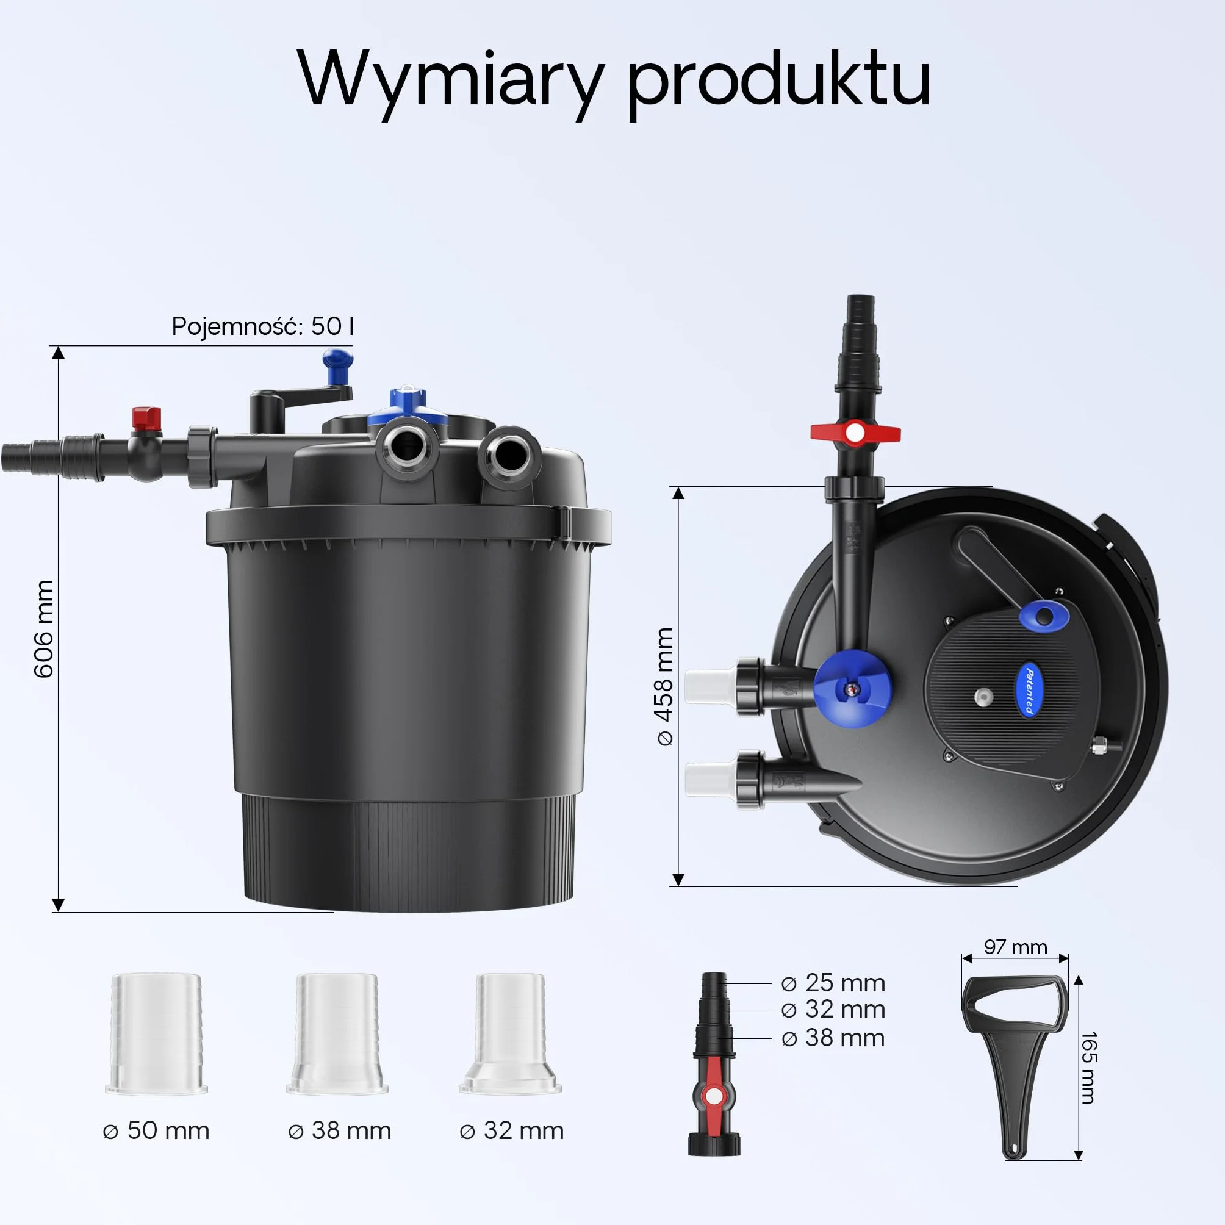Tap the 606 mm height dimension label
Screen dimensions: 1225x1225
coord(44,628)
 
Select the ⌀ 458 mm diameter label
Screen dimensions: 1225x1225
coord(664,686)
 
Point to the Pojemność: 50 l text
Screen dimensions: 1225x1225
coord(262,326)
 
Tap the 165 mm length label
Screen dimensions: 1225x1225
coord(1089,1068)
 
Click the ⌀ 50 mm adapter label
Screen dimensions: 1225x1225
coord(156,1130)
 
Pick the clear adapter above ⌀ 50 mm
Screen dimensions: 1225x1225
coord(156,1033)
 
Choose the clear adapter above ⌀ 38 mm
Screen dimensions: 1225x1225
coord(337,1033)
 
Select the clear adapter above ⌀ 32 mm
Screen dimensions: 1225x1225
coord(511,1033)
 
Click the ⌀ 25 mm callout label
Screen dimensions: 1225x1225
coord(833,983)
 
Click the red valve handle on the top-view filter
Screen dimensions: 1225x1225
coord(855,433)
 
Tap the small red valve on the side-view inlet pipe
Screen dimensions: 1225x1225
coord(146,419)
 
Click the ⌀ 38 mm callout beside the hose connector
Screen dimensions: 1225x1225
coord(833,1038)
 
